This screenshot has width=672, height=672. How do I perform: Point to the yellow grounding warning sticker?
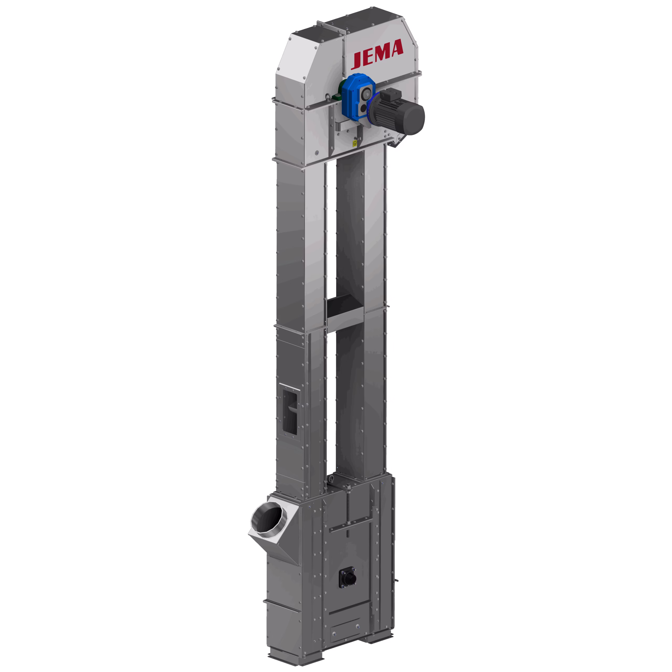click(355, 143)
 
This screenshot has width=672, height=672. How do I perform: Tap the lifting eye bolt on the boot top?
click(332, 480)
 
